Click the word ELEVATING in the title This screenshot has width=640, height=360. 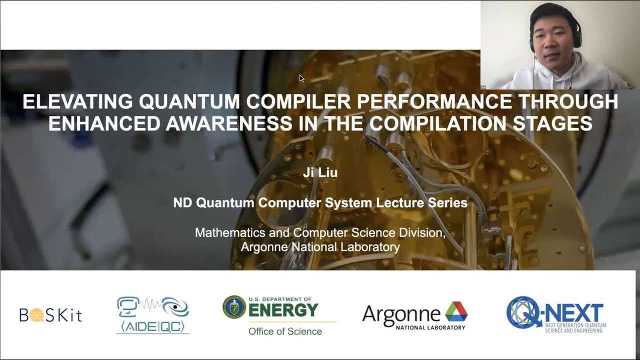(78, 102)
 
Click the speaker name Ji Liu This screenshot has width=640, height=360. (320, 173)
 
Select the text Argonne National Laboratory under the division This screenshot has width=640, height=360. (320, 247)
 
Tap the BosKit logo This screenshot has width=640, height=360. (50, 314)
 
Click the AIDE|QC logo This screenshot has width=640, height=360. (152, 315)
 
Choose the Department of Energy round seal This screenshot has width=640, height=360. (234, 307)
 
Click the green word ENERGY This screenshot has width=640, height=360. (283, 310)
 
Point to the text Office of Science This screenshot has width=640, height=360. (285, 331)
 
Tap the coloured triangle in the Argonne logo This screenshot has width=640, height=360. (456, 311)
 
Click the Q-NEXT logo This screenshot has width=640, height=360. (555, 314)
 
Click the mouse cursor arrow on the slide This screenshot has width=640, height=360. (301, 78)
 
